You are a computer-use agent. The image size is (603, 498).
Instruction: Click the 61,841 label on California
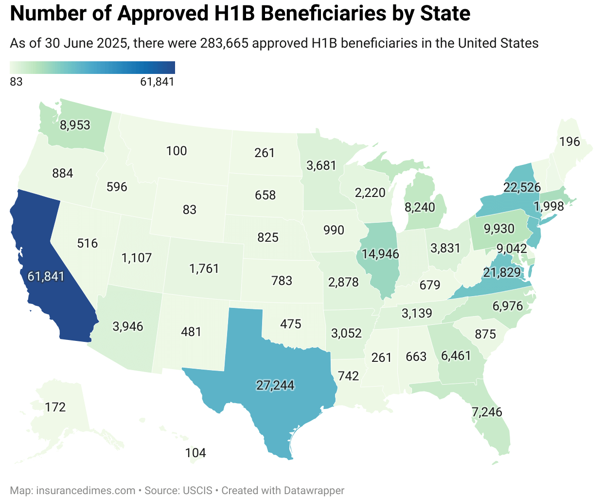point(46,276)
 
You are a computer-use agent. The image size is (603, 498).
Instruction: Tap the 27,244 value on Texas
point(275,385)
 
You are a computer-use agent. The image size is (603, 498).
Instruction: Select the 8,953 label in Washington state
point(75,125)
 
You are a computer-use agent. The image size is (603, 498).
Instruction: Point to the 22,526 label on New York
point(522,187)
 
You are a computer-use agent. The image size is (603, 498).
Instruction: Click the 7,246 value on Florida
point(487,412)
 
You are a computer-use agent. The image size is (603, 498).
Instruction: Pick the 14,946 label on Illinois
point(380,254)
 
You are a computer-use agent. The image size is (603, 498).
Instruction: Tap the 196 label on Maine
point(569,142)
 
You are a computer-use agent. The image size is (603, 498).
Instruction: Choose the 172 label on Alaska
point(55,407)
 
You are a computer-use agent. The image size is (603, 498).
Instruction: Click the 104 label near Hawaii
point(195,453)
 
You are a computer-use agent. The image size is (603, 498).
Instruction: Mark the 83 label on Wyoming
point(189,210)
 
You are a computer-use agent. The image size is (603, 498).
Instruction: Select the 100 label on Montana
point(176,151)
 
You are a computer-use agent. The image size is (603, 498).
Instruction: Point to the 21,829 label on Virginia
point(502,272)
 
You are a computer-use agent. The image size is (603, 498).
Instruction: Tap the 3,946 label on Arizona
point(128,326)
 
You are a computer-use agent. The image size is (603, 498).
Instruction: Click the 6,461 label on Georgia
point(456,356)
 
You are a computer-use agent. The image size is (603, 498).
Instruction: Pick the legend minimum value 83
point(16,82)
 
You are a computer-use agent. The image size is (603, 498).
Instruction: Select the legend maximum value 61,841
point(157,82)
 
